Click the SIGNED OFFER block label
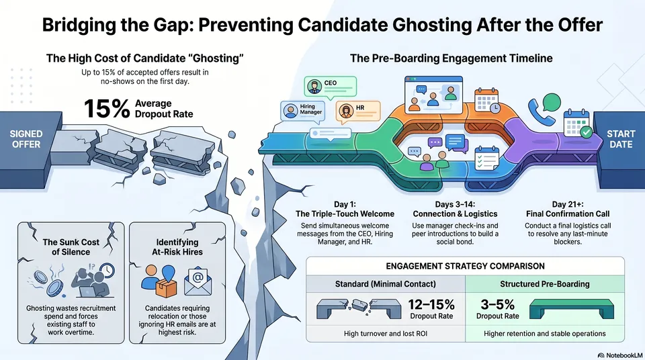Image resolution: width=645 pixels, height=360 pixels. coord(26,139)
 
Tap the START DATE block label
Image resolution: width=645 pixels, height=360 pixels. coord(621,139)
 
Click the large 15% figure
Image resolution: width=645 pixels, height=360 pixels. coord(107,109)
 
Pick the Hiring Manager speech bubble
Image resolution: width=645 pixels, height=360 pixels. coord(303,111)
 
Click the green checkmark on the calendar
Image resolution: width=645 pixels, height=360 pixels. coord(586,132)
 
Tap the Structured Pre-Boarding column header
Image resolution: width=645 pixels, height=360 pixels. coord(545,284)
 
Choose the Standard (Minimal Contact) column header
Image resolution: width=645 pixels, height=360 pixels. coord(386,284)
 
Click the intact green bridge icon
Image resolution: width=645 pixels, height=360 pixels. coord(571,308)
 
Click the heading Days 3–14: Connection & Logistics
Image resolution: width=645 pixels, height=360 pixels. coord(455,209)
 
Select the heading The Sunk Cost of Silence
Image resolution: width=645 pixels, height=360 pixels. coord(71,247)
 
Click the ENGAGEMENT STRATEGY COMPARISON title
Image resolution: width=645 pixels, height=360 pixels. coord(465,266)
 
